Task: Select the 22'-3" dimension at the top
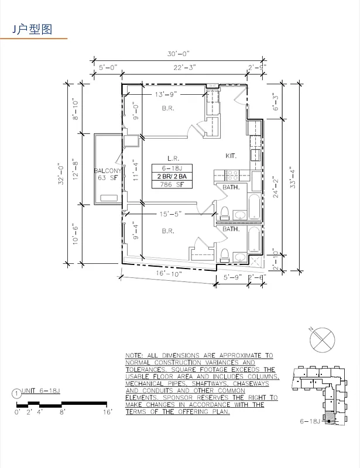click(185, 68)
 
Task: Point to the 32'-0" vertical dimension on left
click(60, 174)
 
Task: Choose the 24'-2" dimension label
click(277, 188)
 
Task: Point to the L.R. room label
click(173, 158)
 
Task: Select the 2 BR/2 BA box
click(171, 176)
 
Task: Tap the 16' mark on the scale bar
click(108, 412)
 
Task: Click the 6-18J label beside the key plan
click(309, 421)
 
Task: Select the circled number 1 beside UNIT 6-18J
click(16, 394)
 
